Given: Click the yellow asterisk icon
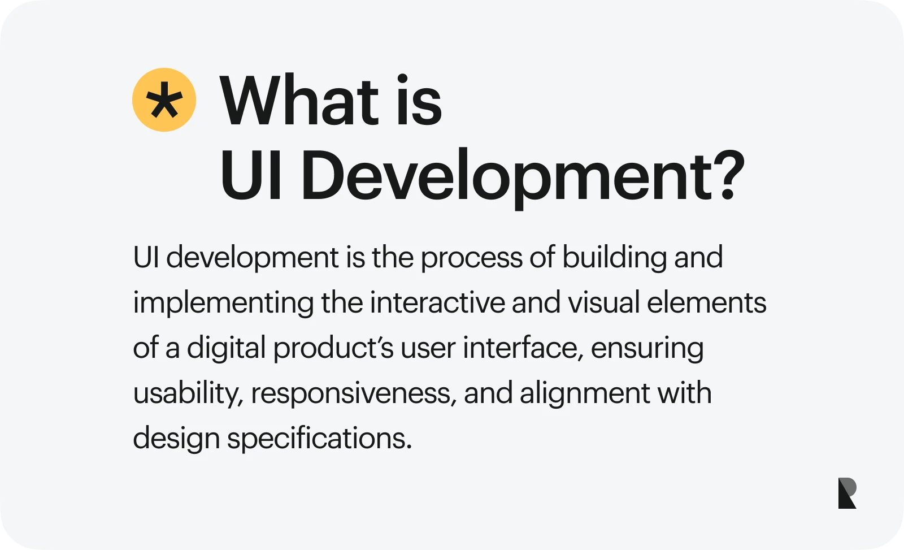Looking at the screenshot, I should [x=164, y=100].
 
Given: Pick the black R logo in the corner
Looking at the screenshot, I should [x=847, y=493].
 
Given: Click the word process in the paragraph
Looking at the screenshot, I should [x=471, y=258].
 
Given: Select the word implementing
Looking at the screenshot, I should [x=223, y=304].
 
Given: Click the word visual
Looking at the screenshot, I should [x=603, y=302].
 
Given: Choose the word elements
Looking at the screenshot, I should [x=706, y=302].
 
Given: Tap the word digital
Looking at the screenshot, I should [x=226, y=348].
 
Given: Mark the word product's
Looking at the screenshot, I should [x=333, y=348].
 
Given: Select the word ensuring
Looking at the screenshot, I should [x=647, y=349].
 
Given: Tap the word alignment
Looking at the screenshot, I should [x=585, y=393].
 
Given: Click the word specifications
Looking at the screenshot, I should [x=319, y=439].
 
